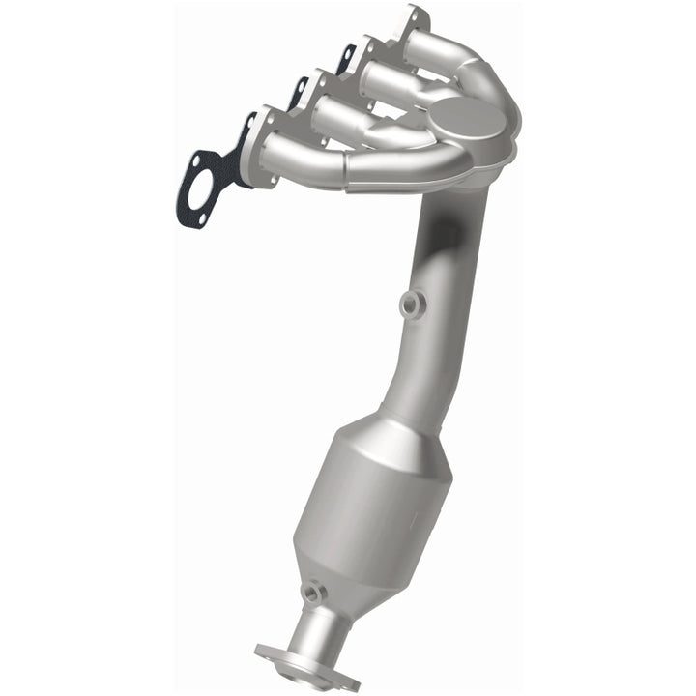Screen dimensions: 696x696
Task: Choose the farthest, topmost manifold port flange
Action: (x=411, y=29)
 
